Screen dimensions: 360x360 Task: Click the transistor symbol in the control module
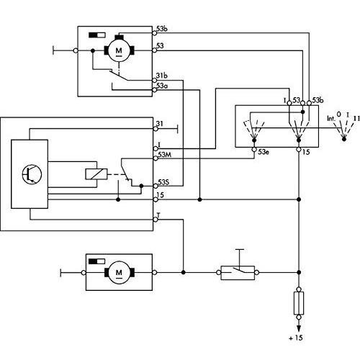point(32,174)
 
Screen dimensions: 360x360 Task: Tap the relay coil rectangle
point(96,174)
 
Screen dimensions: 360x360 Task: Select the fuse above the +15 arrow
point(299,303)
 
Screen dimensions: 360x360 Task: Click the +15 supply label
point(296,338)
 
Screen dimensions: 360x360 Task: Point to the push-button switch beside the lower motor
point(238,273)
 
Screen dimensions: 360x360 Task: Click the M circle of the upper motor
point(119,50)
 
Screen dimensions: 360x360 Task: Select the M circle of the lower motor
point(119,273)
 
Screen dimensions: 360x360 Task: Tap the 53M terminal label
point(165,155)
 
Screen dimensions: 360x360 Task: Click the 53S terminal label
point(163,182)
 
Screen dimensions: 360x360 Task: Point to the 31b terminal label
point(162,76)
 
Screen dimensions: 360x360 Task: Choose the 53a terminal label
point(162,86)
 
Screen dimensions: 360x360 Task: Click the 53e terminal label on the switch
point(264,152)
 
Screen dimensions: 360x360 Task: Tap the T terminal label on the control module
point(158,215)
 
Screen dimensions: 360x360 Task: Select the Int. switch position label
point(331,118)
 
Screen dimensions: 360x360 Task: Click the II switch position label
point(357,118)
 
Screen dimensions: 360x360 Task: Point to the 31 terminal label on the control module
point(160,124)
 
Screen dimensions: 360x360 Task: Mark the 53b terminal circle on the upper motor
point(155,33)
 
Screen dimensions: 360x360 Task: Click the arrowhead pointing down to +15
point(299,328)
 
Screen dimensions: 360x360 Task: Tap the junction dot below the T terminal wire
point(184,273)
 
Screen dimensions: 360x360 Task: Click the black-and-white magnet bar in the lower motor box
point(97,261)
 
